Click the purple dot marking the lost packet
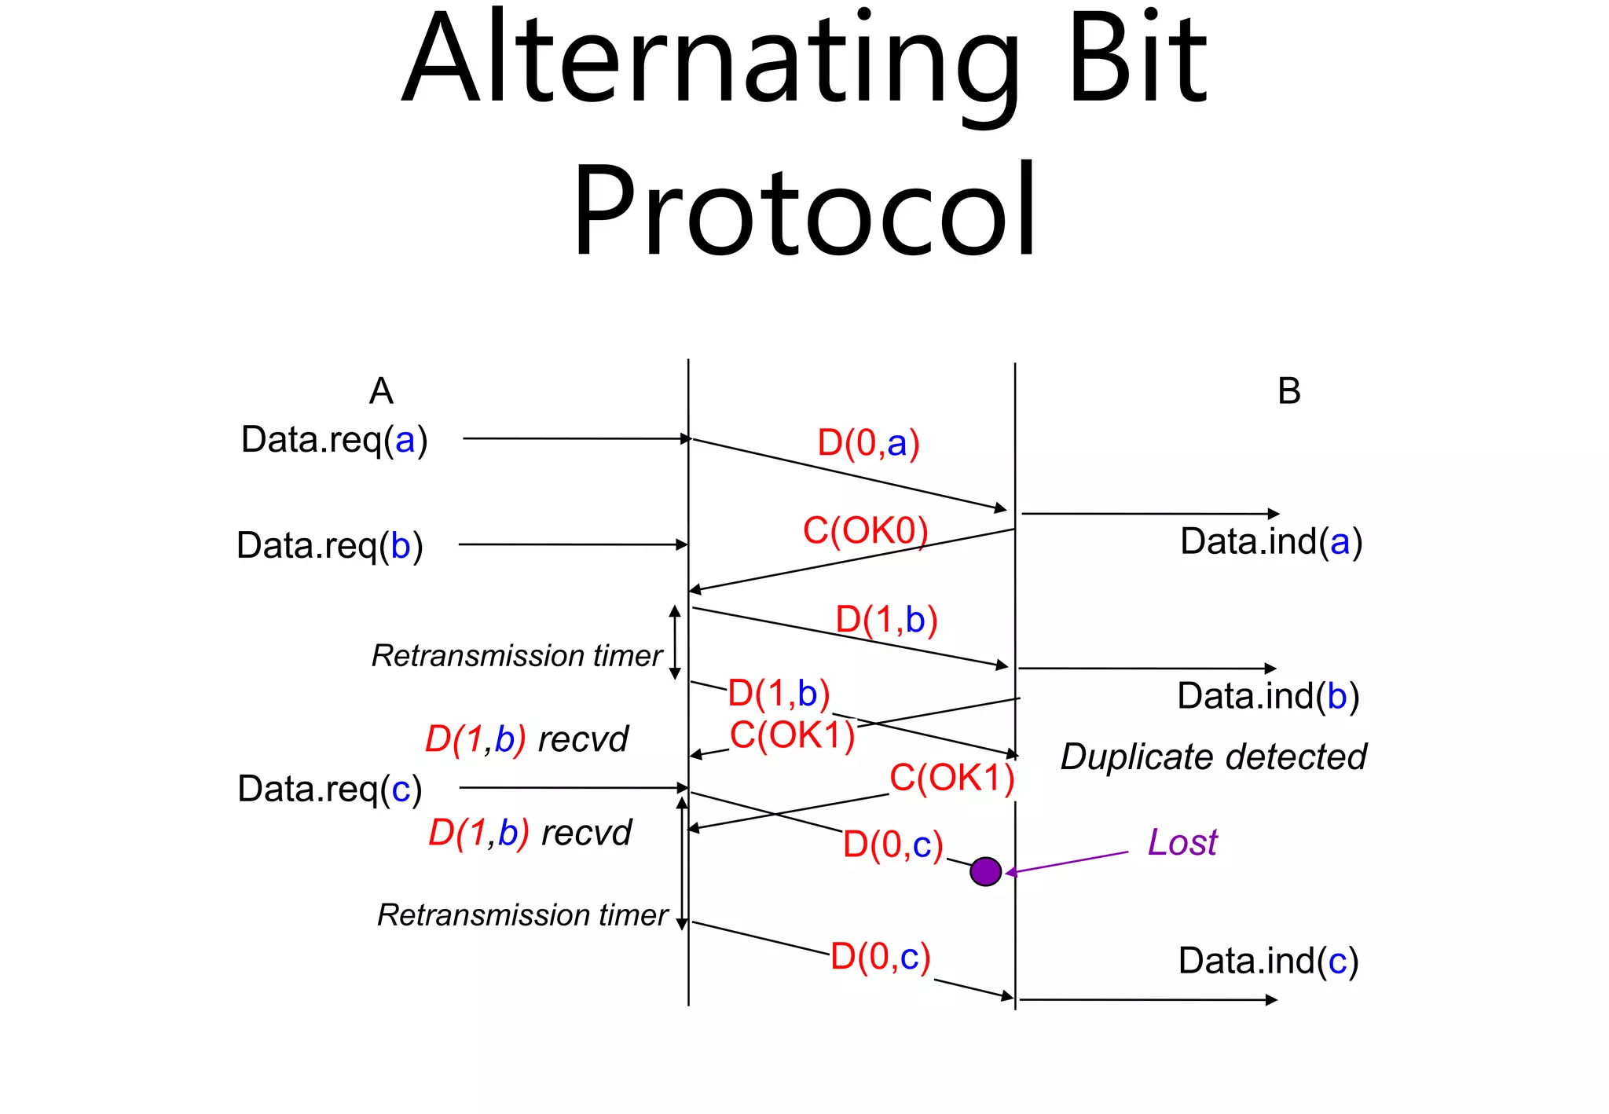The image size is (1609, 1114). point(985,871)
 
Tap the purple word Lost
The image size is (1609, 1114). point(1182,842)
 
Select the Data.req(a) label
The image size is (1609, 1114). point(334,440)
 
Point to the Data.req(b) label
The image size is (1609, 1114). point(330,545)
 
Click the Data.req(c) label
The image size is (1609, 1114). point(330,789)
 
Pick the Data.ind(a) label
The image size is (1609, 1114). point(1271,541)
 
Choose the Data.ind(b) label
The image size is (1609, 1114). point(1268,696)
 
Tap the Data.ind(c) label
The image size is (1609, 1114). point(1268,961)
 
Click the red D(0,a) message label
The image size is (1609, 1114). point(868,443)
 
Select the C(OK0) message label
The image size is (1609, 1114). point(865,531)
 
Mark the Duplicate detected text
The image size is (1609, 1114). point(1213,757)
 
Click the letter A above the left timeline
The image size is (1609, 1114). point(381,391)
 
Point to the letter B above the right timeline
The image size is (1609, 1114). point(1289,391)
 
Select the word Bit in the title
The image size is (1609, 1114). point(1138,59)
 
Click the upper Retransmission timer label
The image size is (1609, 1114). point(517,656)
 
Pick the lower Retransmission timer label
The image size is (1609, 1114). point(522,915)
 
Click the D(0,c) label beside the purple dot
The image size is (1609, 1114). point(892,845)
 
